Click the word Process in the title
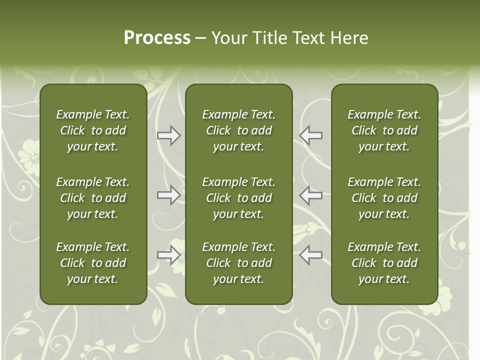pos(157,38)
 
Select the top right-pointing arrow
pos(168,135)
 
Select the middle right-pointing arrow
pos(168,195)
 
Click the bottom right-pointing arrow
pos(168,255)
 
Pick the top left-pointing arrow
pos(311,135)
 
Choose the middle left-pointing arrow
pos(311,195)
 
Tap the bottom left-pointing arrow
pos(311,255)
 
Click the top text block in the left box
pos(93,130)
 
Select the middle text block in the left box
pos(93,198)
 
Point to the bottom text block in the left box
pos(93,263)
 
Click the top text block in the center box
pos(239,130)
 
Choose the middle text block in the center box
pos(239,198)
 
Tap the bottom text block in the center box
pos(239,263)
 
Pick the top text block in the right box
pos(384,130)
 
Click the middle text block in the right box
pos(384,198)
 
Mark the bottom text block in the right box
pos(384,263)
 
